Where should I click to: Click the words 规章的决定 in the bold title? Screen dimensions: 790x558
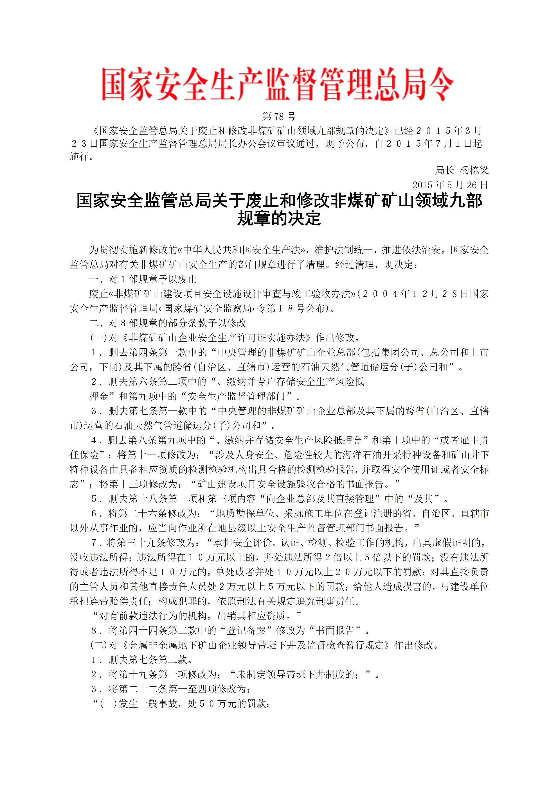click(x=279, y=218)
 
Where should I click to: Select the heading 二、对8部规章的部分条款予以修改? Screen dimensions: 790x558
click(x=168, y=323)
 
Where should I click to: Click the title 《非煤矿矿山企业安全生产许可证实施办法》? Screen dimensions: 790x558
click(x=217, y=338)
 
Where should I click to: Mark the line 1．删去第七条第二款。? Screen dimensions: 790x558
click(x=142, y=660)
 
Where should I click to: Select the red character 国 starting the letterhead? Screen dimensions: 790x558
click(x=113, y=84)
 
